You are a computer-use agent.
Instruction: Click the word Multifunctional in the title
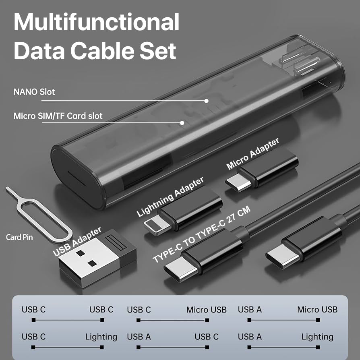97,22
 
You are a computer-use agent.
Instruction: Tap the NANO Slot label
34,92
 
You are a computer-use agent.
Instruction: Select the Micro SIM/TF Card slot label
58,116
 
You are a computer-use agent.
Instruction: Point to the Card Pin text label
19,237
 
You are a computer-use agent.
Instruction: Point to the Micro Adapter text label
253,154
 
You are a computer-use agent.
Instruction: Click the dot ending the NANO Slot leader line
207,101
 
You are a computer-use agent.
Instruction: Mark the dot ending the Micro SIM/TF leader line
182,123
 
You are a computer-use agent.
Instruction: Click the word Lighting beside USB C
101,337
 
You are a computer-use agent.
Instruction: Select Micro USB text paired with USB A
317,310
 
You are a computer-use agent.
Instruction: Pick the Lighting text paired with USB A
317,337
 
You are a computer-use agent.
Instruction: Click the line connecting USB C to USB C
68,321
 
